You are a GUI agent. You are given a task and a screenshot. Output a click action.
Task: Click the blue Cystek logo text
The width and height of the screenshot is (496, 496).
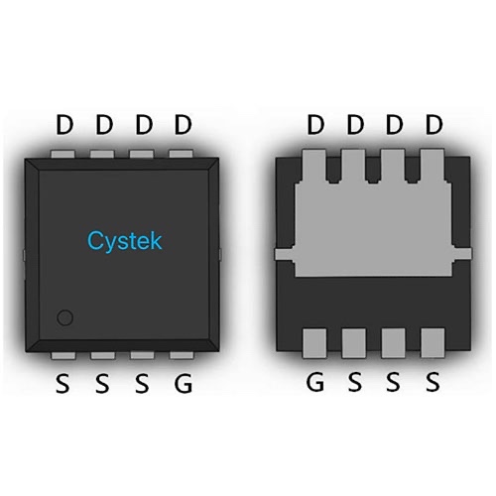pyautogui.click(x=125, y=241)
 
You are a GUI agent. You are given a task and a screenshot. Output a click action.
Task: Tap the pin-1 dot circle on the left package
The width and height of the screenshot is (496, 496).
pyautogui.click(x=64, y=317)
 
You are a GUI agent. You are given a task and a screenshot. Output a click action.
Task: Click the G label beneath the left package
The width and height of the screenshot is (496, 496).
pyautogui.click(x=183, y=383)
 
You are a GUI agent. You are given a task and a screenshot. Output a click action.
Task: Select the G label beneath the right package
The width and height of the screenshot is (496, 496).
pyautogui.click(x=314, y=382)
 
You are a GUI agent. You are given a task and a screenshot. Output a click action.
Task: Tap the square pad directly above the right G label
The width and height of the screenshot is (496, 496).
pyautogui.click(x=314, y=343)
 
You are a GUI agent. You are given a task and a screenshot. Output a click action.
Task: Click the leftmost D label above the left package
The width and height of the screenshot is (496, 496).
pyautogui.click(x=64, y=125)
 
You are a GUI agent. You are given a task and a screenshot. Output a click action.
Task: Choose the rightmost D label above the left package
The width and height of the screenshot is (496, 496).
pyautogui.click(x=183, y=125)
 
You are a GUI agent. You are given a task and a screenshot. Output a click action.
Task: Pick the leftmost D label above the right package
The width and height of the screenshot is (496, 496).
pyautogui.click(x=315, y=125)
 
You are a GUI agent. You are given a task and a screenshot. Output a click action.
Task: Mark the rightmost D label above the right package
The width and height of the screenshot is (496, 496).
pyautogui.click(x=434, y=125)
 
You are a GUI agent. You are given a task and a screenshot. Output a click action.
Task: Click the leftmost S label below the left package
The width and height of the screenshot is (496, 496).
pyautogui.click(x=62, y=383)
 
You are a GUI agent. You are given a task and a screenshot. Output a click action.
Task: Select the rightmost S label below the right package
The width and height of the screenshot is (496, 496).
pyautogui.click(x=433, y=382)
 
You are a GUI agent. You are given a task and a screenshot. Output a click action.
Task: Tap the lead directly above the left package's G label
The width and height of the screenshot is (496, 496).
pyautogui.click(x=182, y=355)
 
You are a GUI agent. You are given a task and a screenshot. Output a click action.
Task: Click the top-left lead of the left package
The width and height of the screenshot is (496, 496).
pyautogui.click(x=62, y=154)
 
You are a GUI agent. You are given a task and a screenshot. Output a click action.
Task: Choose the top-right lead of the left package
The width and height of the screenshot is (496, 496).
pyautogui.click(x=181, y=154)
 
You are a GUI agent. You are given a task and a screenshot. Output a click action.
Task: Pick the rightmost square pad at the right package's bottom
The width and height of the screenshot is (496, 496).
pyautogui.click(x=433, y=343)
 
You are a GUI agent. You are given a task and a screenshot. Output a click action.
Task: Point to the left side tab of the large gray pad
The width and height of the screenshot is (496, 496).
pyautogui.click(x=285, y=254)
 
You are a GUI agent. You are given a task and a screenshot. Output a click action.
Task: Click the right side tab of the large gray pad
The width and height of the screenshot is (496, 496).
pyautogui.click(x=461, y=254)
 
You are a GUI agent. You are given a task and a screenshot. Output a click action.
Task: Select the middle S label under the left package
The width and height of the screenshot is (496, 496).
pyautogui.click(x=102, y=383)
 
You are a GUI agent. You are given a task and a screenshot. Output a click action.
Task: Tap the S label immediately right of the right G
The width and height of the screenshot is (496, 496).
pyautogui.click(x=354, y=382)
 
